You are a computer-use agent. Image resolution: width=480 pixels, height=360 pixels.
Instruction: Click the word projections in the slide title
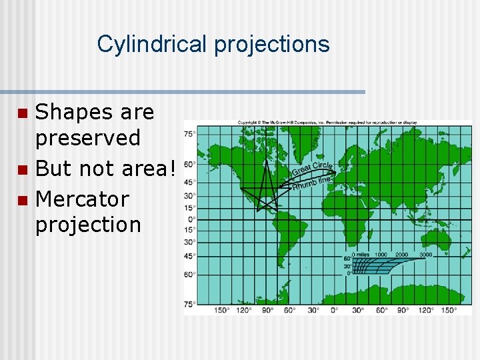[271, 45]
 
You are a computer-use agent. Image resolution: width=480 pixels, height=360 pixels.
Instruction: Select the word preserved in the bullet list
[87, 138]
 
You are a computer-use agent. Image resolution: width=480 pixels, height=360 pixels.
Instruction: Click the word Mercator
[81, 199]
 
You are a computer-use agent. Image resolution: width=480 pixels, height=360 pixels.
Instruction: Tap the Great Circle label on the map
[311, 167]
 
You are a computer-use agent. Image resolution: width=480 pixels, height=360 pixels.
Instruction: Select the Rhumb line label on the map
[312, 181]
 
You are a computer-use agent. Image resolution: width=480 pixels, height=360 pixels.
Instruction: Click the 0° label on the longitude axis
[334, 310]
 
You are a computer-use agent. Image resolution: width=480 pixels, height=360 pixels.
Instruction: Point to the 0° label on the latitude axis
[191, 219]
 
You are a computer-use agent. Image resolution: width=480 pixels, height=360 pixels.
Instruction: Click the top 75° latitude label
[190, 134]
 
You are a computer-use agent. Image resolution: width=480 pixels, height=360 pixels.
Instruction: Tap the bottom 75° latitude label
[190, 304]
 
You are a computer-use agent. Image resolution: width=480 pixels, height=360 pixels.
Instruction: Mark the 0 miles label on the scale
[363, 255]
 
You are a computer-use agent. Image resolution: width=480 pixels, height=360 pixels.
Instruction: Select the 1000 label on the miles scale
[381, 255]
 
